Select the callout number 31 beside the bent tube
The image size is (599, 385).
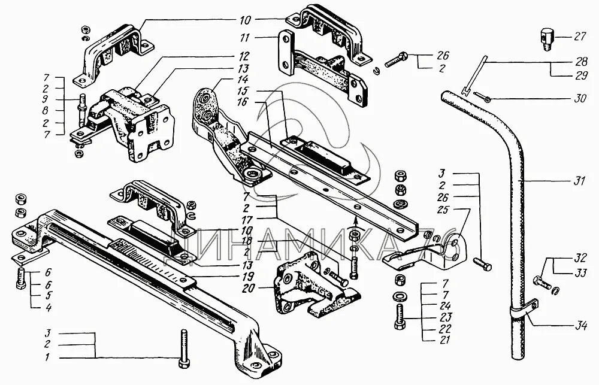(578, 181)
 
